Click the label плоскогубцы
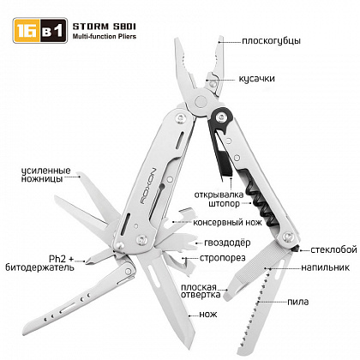[271, 41]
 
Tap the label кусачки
[256, 79]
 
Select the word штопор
[224, 204]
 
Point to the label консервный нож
[227, 222]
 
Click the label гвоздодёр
[227, 243]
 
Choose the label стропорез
[223, 258]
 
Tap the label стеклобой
[333, 249]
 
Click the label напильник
[325, 267]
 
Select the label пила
[298, 302]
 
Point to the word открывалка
[219, 195]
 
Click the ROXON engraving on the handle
[148, 186]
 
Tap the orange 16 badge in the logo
[27, 31]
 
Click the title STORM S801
[105, 27]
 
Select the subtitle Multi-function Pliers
[105, 37]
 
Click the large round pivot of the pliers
[201, 101]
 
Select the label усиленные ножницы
[45, 175]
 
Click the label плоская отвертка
[201, 291]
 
